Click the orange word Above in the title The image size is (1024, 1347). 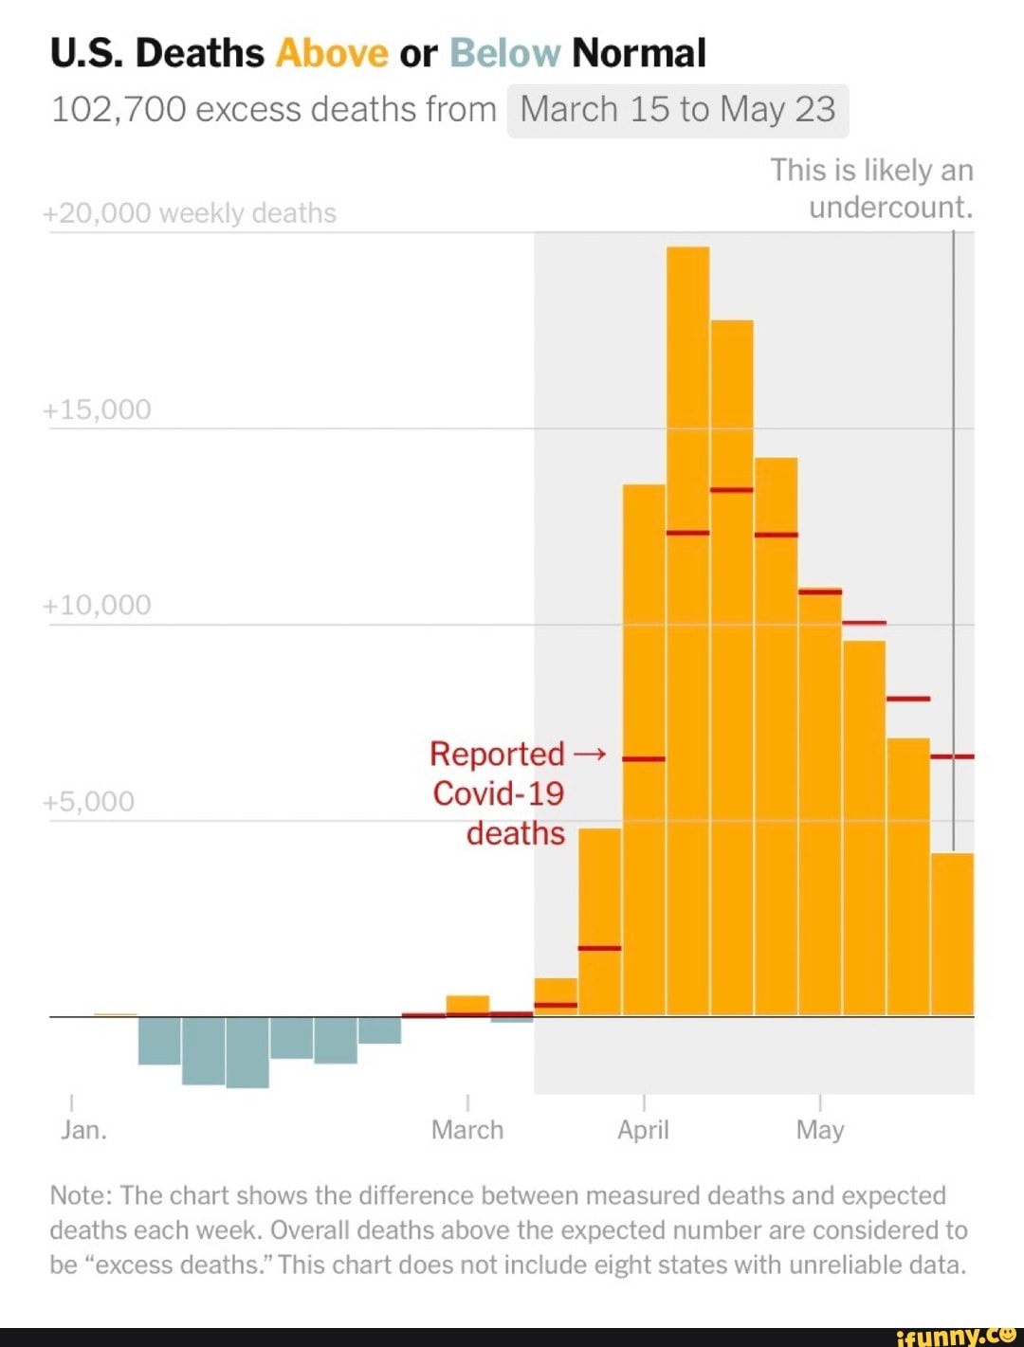tap(332, 53)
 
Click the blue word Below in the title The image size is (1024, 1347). tap(504, 53)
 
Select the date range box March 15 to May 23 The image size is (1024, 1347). tap(677, 110)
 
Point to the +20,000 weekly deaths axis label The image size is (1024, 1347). tap(190, 213)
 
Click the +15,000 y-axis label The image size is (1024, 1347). tap(98, 410)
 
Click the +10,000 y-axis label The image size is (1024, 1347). tap(98, 605)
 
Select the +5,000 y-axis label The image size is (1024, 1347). tap(90, 802)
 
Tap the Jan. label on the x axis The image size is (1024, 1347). tap(83, 1130)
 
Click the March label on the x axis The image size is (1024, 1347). tap(467, 1130)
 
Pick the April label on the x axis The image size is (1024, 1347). tap(643, 1130)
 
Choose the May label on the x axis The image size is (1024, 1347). tap(819, 1130)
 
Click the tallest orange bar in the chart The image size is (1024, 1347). tap(687, 626)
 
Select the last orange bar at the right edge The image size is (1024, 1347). tap(952, 934)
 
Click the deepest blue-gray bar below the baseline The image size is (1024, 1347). tap(247, 1052)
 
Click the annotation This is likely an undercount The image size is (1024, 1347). tap(872, 189)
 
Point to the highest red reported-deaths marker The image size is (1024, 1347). tap(731, 490)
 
